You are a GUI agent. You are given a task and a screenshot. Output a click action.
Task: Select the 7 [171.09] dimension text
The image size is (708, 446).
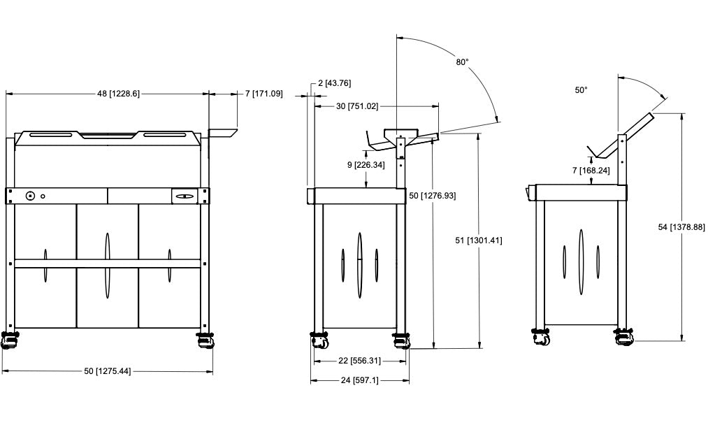pyautogui.click(x=264, y=94)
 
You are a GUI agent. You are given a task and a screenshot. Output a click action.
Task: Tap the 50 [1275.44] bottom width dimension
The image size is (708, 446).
pyautogui.click(x=107, y=371)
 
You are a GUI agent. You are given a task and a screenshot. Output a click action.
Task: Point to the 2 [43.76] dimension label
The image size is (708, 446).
pyautogui.click(x=334, y=83)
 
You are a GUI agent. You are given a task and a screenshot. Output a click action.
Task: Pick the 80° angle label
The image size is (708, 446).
pyautogui.click(x=462, y=62)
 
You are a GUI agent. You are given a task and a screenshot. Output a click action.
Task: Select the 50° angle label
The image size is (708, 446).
pyautogui.click(x=581, y=90)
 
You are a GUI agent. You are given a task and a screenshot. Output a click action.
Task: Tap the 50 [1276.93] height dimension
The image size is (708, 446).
pyautogui.click(x=432, y=196)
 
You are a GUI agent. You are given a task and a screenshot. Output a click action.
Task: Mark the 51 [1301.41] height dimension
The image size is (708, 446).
pyautogui.click(x=478, y=240)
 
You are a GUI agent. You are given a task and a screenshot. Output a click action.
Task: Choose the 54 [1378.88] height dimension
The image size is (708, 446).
pyautogui.click(x=681, y=226)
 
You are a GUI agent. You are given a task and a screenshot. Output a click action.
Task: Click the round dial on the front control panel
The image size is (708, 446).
pyautogui.click(x=31, y=196)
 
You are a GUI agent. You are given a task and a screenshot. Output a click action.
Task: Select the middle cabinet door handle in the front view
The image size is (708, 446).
pyautogui.click(x=107, y=266)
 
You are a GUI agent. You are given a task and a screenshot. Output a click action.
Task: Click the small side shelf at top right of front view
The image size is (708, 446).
pyautogui.click(x=223, y=131)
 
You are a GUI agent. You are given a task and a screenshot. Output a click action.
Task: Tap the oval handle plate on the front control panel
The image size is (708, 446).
pyautogui.click(x=185, y=196)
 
